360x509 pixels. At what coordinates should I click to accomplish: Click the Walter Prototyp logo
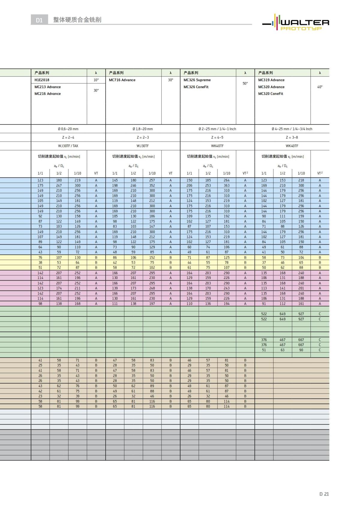tap(296, 22)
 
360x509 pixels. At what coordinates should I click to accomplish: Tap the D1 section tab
tap(39, 20)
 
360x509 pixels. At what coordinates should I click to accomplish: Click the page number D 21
tap(324, 494)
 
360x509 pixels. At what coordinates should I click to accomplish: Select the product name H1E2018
tap(42, 80)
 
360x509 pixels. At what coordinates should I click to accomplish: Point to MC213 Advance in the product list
tap(48, 87)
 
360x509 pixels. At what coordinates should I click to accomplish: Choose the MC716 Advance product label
tap(122, 80)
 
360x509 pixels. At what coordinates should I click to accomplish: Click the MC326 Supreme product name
tap(197, 80)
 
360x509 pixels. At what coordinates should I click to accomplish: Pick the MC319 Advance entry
tap(271, 80)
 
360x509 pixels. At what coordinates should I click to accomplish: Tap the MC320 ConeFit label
tap(271, 94)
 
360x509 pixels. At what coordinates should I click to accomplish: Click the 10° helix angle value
tap(96, 80)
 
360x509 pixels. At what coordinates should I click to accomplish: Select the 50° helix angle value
tap(245, 83)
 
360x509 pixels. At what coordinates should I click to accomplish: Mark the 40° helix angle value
tap(320, 87)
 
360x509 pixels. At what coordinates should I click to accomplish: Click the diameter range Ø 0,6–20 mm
tap(68, 129)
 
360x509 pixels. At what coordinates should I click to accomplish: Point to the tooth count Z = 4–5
tap(217, 137)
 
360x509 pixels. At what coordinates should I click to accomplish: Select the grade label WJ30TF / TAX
tap(68, 146)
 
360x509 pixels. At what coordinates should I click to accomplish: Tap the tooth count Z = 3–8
tap(292, 137)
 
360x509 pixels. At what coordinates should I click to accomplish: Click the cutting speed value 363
tap(226, 185)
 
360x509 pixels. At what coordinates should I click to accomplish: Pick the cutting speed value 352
tap(152, 185)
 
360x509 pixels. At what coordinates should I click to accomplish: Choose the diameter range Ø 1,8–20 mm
tap(143, 129)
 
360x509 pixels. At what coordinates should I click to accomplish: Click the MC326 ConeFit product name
tap(196, 87)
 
